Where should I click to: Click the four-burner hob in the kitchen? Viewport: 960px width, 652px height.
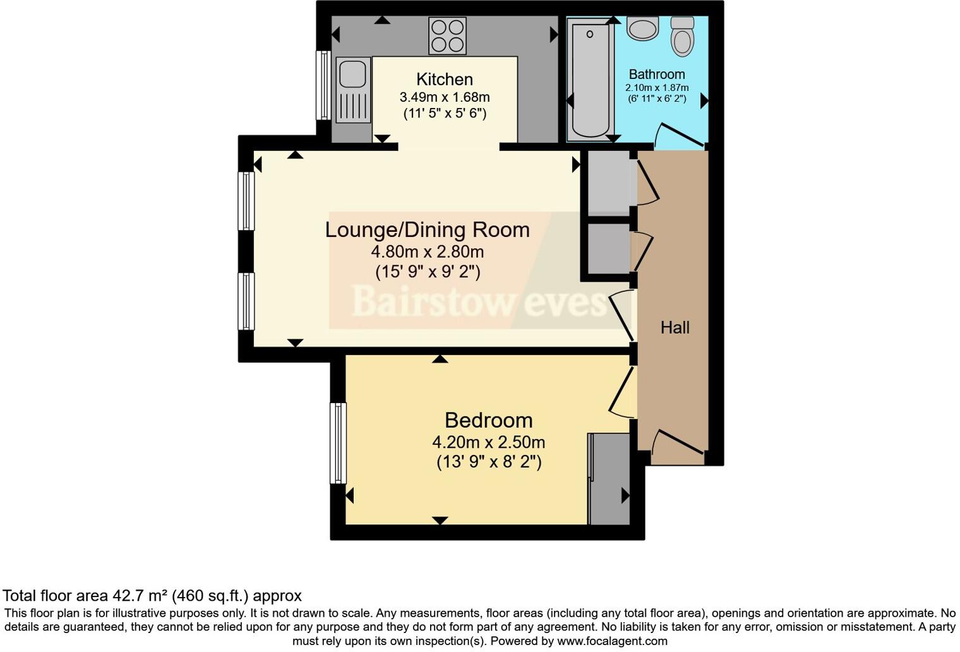tap(447, 35)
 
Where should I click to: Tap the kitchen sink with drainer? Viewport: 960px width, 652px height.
tap(352, 89)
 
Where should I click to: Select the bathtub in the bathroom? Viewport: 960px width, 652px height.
tap(590, 79)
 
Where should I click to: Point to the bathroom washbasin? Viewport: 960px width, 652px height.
tap(643, 28)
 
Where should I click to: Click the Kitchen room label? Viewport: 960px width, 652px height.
tap(444, 80)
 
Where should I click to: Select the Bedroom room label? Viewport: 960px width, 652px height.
tap(488, 420)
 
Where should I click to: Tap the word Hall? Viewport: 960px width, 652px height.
tap(675, 327)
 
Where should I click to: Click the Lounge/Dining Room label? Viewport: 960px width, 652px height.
tap(427, 230)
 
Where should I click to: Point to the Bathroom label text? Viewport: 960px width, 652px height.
tap(656, 74)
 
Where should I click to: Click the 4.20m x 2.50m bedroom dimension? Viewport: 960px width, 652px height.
tap(488, 442)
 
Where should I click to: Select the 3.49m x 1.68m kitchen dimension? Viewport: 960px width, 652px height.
tap(444, 97)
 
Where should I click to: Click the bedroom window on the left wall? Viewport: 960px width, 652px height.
tap(339, 444)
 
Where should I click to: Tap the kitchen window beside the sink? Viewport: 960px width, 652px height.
tap(323, 85)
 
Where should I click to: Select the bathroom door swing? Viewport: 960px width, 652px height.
tap(678, 135)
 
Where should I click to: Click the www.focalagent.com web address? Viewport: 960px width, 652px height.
tap(612, 641)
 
